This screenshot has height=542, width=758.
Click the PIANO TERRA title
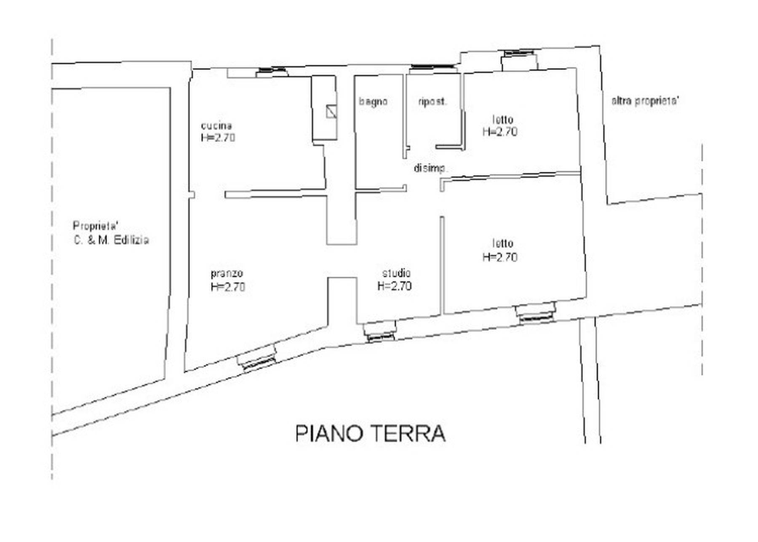[371, 433]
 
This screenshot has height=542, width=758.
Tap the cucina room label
[216, 125]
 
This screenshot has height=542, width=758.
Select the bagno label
[373, 101]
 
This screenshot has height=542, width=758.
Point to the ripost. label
[432, 101]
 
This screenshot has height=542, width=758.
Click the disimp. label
[430, 168]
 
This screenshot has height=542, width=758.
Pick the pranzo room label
[227, 274]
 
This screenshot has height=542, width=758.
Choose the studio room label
[396, 273]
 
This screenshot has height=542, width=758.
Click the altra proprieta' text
[645, 101]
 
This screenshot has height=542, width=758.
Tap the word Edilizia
[131, 240]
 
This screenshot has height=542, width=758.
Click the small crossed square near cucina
[332, 111]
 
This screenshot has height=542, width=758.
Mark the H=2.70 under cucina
[218, 138]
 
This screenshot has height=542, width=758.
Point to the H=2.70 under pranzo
[228, 287]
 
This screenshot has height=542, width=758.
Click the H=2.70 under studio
[395, 286]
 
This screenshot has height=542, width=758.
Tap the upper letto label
[503, 120]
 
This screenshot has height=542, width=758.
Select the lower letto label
[503, 243]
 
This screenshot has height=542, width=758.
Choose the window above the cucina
[272, 72]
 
